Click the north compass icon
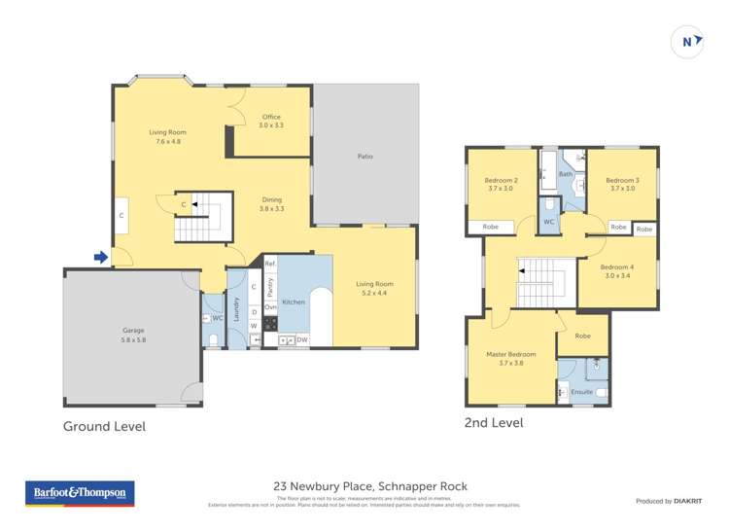pos(687,42)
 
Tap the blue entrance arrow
pos(100,258)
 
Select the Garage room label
pos(133,331)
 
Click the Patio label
pos(365,157)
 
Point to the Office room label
pos(271,117)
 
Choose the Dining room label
pos(271,199)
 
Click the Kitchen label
pos(294,302)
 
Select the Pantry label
pos(271,288)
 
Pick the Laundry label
pos(235,308)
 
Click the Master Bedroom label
pos(510,354)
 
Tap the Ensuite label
pos(582,392)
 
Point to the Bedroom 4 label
pos(617,267)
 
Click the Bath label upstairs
pos(565,174)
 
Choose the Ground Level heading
pos(104,426)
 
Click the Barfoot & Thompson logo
pos(80,493)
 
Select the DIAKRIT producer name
pos(691,501)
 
